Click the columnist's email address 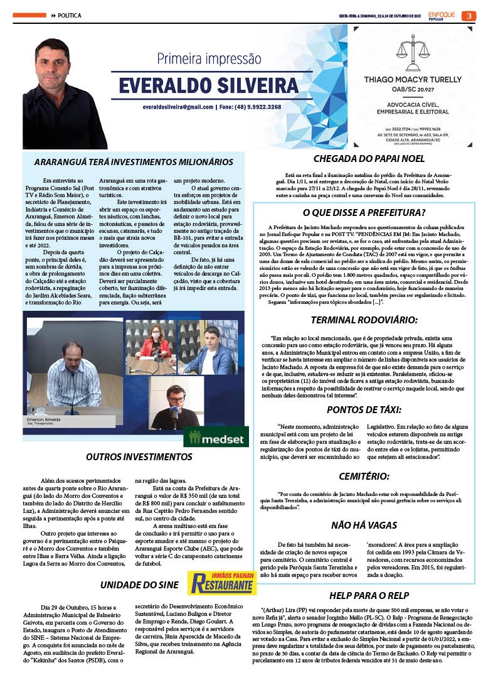click(x=177, y=107)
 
